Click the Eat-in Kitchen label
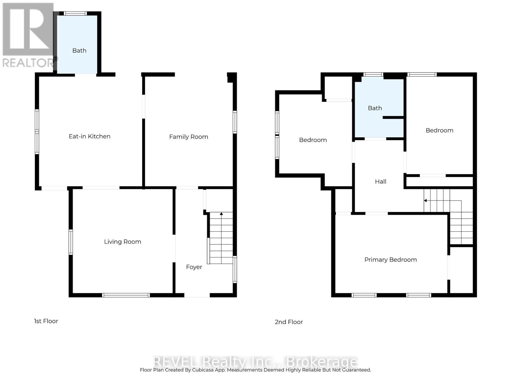point(89,136)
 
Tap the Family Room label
point(188,137)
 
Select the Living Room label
point(122,242)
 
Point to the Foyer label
point(194,267)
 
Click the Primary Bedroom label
point(390,260)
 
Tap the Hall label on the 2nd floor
point(380,182)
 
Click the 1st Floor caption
point(46,321)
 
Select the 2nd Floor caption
point(289,322)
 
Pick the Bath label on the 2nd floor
point(375,108)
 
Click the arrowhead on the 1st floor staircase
point(221,214)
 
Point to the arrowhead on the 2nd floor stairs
point(425,200)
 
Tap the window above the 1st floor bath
point(75,13)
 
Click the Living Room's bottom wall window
point(126,295)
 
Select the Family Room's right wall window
point(235,122)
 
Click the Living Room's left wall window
point(71,242)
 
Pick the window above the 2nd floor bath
point(373,74)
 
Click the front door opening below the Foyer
point(197,295)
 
